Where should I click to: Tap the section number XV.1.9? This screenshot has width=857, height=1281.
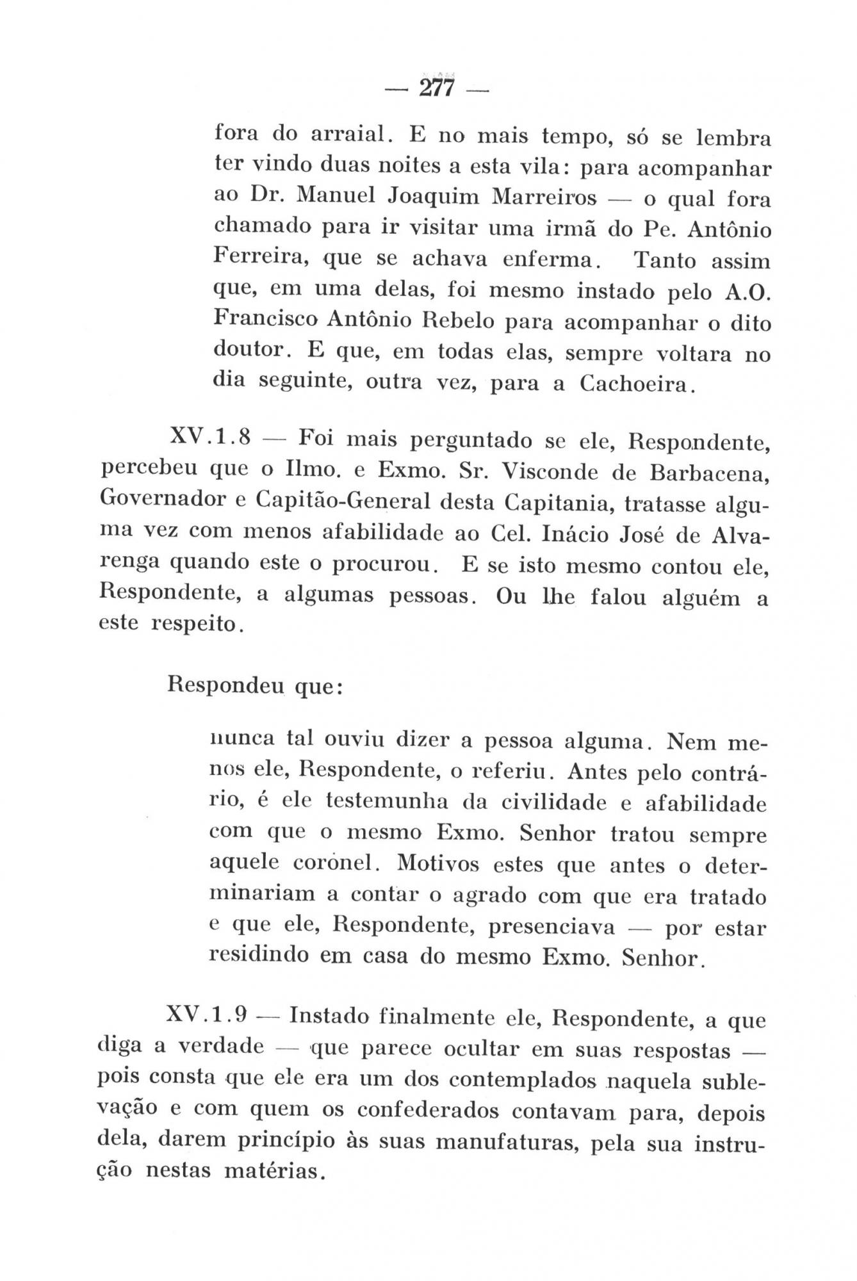(x=206, y=1016)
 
